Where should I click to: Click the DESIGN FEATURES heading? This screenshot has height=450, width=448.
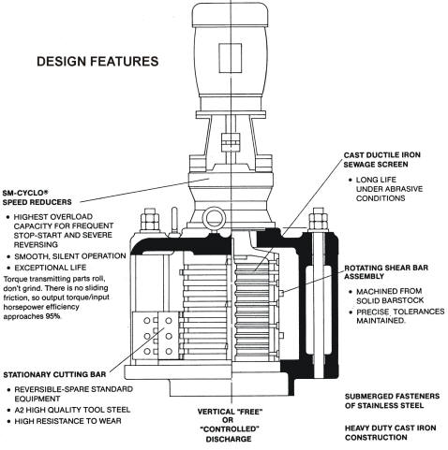(x=97, y=61)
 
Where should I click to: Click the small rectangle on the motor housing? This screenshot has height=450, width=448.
(x=230, y=58)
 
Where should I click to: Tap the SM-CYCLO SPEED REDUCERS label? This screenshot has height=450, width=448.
(x=37, y=197)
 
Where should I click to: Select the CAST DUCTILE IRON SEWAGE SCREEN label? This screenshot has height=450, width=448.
(x=381, y=160)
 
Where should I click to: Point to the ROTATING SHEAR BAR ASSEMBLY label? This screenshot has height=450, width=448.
(x=386, y=272)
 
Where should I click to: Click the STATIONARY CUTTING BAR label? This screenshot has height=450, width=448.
(x=54, y=374)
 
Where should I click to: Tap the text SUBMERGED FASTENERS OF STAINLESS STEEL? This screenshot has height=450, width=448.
(x=392, y=400)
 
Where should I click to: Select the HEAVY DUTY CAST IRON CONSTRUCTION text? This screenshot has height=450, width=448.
(x=390, y=432)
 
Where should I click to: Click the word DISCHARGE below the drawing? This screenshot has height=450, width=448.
(x=229, y=439)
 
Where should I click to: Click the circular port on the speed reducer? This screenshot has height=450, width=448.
(x=215, y=218)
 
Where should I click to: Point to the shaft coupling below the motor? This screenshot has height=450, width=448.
(x=230, y=143)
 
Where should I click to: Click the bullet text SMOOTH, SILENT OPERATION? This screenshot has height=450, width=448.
(x=70, y=256)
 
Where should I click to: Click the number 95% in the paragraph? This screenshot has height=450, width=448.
(x=53, y=316)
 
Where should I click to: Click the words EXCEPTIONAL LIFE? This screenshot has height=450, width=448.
(x=51, y=268)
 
